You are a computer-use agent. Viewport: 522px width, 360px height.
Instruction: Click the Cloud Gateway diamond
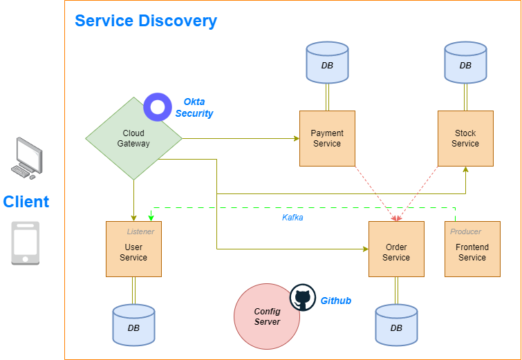pyautogui.click(x=133, y=138)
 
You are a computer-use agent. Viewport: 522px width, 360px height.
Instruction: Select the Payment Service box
pyautogui.click(x=327, y=138)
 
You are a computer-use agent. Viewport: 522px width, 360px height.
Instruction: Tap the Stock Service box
pyautogui.click(x=465, y=138)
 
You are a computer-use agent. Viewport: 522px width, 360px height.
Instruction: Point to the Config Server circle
pyautogui.click(x=267, y=316)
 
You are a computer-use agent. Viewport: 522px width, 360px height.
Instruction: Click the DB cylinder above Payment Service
pyautogui.click(x=327, y=64)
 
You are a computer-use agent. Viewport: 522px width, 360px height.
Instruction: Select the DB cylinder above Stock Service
pyautogui.click(x=465, y=64)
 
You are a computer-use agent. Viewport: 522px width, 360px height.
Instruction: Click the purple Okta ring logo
pyautogui.click(x=158, y=106)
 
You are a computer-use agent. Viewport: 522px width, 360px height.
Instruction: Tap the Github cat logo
pyautogui.click(x=302, y=298)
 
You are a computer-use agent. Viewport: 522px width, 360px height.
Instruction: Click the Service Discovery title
pyautogui.click(x=146, y=21)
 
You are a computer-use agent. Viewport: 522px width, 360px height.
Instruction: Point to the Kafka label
pyautogui.click(x=292, y=218)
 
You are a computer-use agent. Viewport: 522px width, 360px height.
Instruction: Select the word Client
pyautogui.click(x=26, y=202)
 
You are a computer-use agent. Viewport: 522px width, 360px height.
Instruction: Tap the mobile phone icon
pyautogui.click(x=26, y=243)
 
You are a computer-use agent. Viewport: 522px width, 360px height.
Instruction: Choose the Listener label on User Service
pyautogui.click(x=140, y=231)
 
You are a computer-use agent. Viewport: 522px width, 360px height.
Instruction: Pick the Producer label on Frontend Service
pyautogui.click(x=465, y=231)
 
